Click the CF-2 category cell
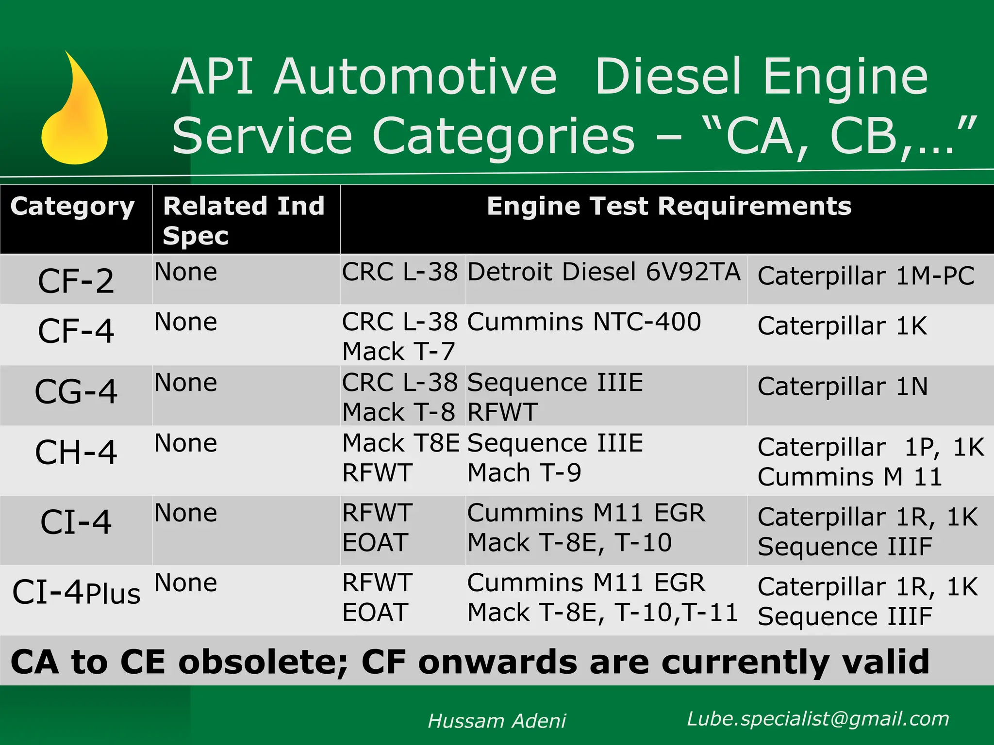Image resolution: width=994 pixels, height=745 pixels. click(x=76, y=281)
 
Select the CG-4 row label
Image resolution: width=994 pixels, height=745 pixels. click(x=76, y=391)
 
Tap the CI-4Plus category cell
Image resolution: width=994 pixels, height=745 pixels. click(x=76, y=593)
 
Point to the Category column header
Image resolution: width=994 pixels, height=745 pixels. click(x=72, y=207)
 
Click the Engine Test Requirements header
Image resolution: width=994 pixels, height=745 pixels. click(x=669, y=206)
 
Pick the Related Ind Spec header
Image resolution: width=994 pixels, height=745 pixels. click(x=244, y=220)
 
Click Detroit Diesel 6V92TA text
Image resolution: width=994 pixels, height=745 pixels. click(x=604, y=272)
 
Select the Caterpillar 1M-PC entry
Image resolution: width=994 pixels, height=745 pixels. click(x=866, y=276)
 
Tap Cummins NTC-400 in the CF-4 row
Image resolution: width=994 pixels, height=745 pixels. click(x=584, y=322)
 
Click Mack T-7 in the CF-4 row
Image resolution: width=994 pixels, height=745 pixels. click(x=398, y=351)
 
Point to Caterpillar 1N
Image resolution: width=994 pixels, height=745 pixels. click(x=843, y=387)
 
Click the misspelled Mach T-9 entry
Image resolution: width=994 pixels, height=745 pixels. click(x=524, y=472)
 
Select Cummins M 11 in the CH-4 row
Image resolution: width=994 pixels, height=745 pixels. click(x=849, y=477)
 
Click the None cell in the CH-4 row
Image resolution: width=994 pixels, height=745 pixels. click(x=186, y=443)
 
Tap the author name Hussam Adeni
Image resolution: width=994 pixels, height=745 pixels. click(x=497, y=721)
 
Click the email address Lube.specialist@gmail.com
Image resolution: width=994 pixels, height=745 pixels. click(x=818, y=718)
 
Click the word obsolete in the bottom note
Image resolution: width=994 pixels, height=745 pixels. click(x=263, y=662)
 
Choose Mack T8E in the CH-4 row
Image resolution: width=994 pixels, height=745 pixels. click(x=401, y=443)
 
